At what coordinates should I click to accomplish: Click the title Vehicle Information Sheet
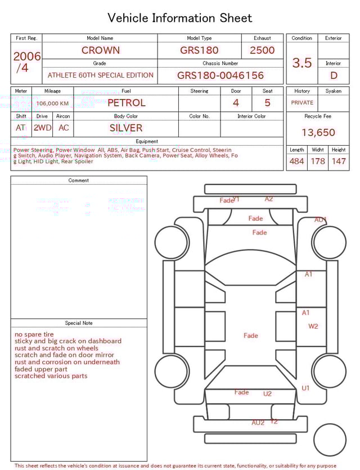(180, 18)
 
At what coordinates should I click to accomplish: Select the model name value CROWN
(100, 50)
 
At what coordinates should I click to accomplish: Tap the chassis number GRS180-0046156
(220, 75)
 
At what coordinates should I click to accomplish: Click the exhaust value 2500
(262, 50)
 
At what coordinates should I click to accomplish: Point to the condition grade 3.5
(302, 63)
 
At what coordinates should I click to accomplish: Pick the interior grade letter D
(334, 75)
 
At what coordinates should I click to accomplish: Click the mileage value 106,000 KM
(52, 104)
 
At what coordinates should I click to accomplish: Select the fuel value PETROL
(127, 103)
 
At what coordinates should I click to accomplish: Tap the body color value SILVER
(126, 128)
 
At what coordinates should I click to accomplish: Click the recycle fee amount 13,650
(318, 133)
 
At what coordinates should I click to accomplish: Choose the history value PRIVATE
(302, 103)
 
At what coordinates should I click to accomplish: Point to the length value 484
(296, 162)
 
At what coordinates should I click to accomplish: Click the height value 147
(338, 162)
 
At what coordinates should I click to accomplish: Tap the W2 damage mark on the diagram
(313, 326)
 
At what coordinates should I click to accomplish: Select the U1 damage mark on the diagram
(305, 388)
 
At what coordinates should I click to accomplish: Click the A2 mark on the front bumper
(269, 199)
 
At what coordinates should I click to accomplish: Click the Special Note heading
(79, 323)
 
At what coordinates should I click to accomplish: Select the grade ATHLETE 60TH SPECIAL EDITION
(101, 75)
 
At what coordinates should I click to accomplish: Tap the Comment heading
(79, 181)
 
